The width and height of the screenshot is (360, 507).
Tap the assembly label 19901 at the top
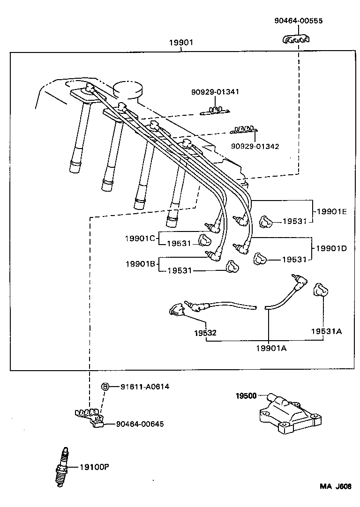point(181,43)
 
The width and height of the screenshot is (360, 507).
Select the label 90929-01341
point(215,92)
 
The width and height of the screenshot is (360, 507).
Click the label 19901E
point(331,211)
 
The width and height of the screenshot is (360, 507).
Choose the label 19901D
point(331,248)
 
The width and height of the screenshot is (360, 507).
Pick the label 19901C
point(140,238)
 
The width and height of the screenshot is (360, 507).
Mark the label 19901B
point(140,264)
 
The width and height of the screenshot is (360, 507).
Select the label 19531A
point(326,331)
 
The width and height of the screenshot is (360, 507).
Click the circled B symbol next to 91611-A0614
point(105,387)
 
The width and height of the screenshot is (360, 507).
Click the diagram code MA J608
point(336,486)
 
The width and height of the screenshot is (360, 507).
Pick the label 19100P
point(94,467)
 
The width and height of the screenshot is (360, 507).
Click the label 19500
point(246,396)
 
